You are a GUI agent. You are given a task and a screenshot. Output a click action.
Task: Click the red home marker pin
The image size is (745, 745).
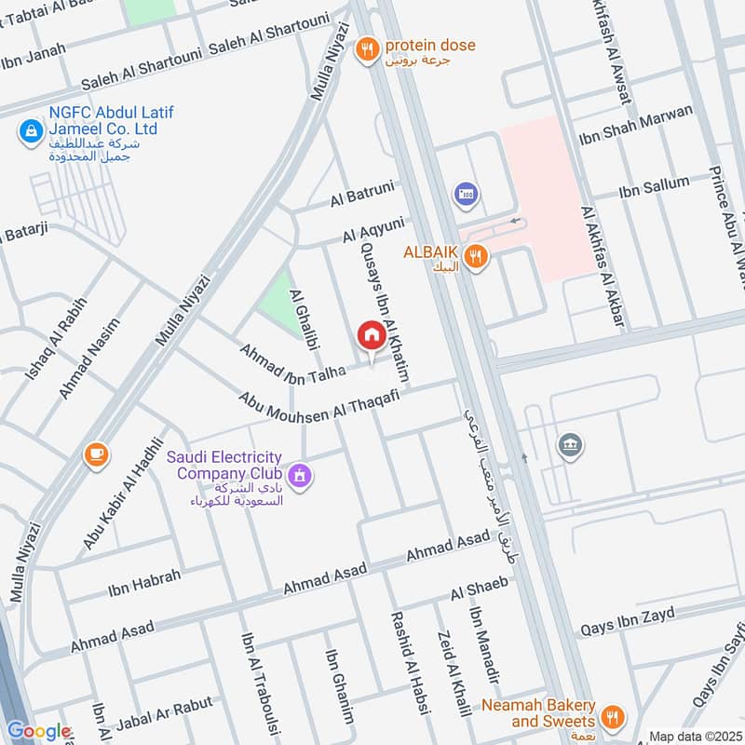(x=371, y=335)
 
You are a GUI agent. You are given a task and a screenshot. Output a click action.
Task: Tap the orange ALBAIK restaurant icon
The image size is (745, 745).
(x=476, y=258)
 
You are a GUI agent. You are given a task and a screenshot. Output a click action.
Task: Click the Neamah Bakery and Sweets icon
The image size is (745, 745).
(x=613, y=716)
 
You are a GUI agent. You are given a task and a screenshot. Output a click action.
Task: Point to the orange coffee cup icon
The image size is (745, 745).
(x=95, y=454)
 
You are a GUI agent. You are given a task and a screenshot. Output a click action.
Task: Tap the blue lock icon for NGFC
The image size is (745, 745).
(x=31, y=130)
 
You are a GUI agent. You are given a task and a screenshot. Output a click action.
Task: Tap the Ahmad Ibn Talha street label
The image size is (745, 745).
(x=292, y=364)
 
